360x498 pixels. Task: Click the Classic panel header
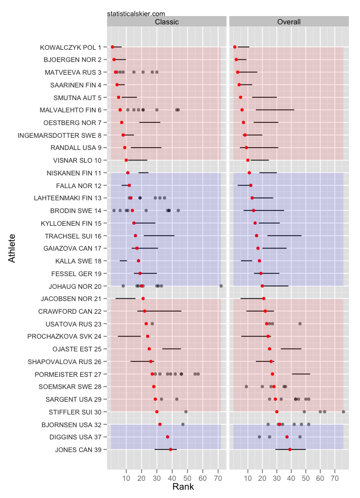click(167, 22)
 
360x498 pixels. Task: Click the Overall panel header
click(289, 22)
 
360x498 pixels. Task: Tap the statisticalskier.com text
click(136, 13)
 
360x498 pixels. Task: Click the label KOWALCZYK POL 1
click(70, 47)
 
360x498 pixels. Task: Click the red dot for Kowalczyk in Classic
click(112, 47)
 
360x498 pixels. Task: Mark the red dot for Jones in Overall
click(290, 449)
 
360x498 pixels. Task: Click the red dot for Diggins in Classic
click(168, 437)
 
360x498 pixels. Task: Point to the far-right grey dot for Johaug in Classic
click(221, 286)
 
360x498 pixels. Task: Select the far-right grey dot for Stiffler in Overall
click(343, 412)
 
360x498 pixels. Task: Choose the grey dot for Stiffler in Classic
click(186, 412)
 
